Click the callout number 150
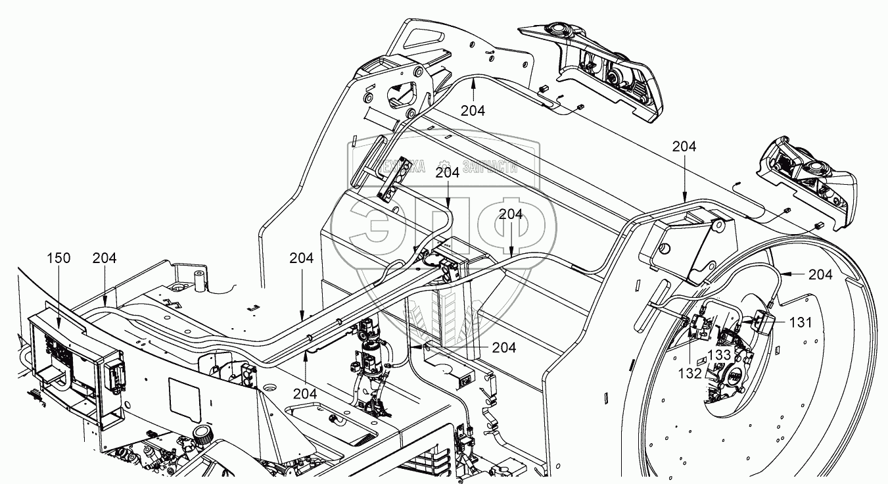click(58, 258)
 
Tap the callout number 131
click(801, 322)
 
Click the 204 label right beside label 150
click(105, 258)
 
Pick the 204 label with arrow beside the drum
click(820, 275)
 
